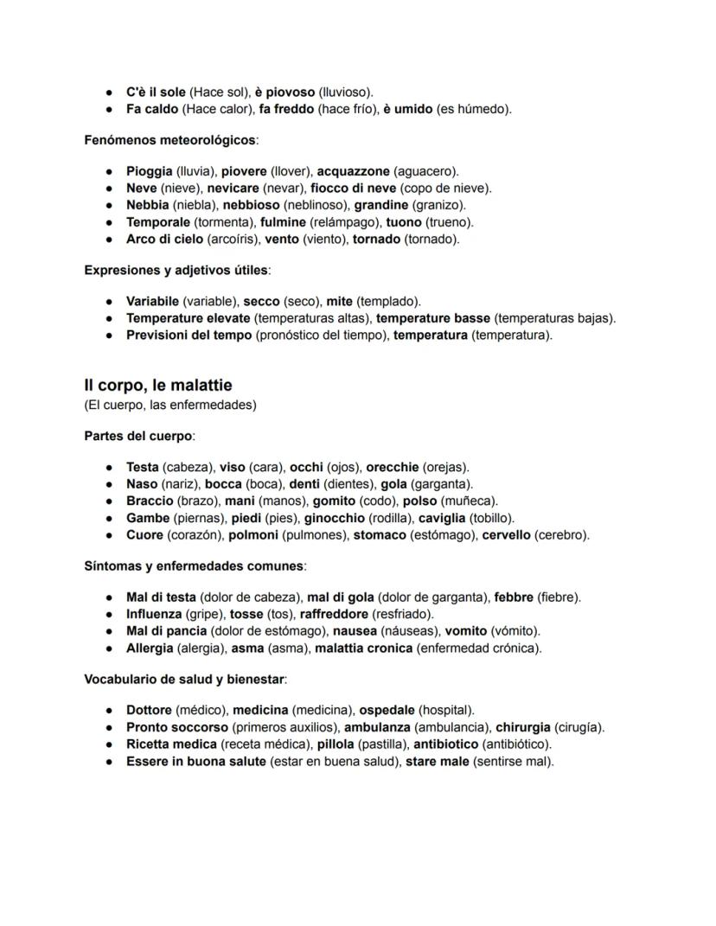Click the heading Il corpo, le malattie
tap(158, 385)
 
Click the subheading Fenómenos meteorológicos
tap(169, 139)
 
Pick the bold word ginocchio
tap(334, 518)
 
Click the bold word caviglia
tap(441, 518)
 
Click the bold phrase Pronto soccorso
tap(177, 727)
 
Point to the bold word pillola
tap(336, 744)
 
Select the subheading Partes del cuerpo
tap(138, 435)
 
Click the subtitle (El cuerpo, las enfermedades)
tap(170, 405)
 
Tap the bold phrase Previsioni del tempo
tap(189, 335)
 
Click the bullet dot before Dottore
tap(110, 711)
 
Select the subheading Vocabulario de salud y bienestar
tap(184, 679)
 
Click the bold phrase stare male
tap(438, 761)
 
